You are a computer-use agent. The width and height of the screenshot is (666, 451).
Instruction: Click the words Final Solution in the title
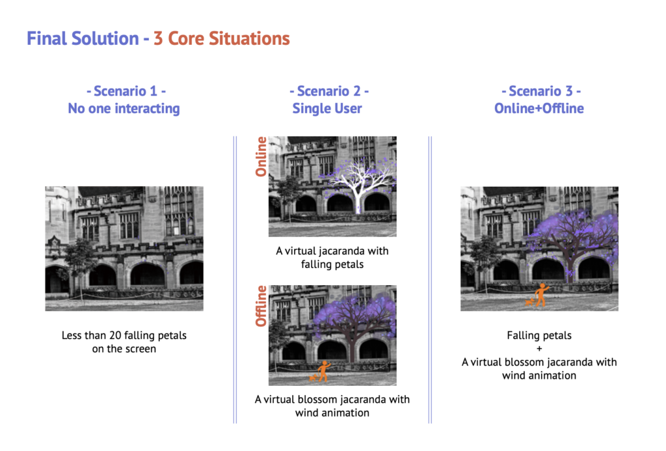point(83,38)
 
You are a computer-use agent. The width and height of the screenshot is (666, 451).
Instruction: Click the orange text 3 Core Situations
point(221,38)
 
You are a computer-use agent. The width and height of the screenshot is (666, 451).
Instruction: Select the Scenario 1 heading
point(126,91)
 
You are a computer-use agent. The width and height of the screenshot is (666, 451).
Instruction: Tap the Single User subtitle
point(327,109)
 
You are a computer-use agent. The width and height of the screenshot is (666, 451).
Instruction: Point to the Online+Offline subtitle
point(539,108)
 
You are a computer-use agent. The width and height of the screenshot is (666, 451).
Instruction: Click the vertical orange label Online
point(260,156)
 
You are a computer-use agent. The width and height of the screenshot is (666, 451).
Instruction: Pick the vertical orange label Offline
point(260,306)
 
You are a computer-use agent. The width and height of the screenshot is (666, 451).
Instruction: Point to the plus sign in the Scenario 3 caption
point(539,349)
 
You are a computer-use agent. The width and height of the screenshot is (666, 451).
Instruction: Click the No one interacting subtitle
point(124,109)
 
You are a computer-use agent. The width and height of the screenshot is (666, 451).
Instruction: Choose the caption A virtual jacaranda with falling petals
point(332,258)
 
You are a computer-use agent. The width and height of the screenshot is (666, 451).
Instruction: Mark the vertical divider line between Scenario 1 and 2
point(235,280)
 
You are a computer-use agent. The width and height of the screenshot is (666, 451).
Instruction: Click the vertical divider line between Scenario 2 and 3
point(430,280)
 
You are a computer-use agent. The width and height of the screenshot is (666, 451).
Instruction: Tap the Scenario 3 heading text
point(541,91)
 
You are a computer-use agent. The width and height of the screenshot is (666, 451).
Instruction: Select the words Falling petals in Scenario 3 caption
point(539,335)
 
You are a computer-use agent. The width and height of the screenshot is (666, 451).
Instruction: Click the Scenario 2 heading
point(329,91)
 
